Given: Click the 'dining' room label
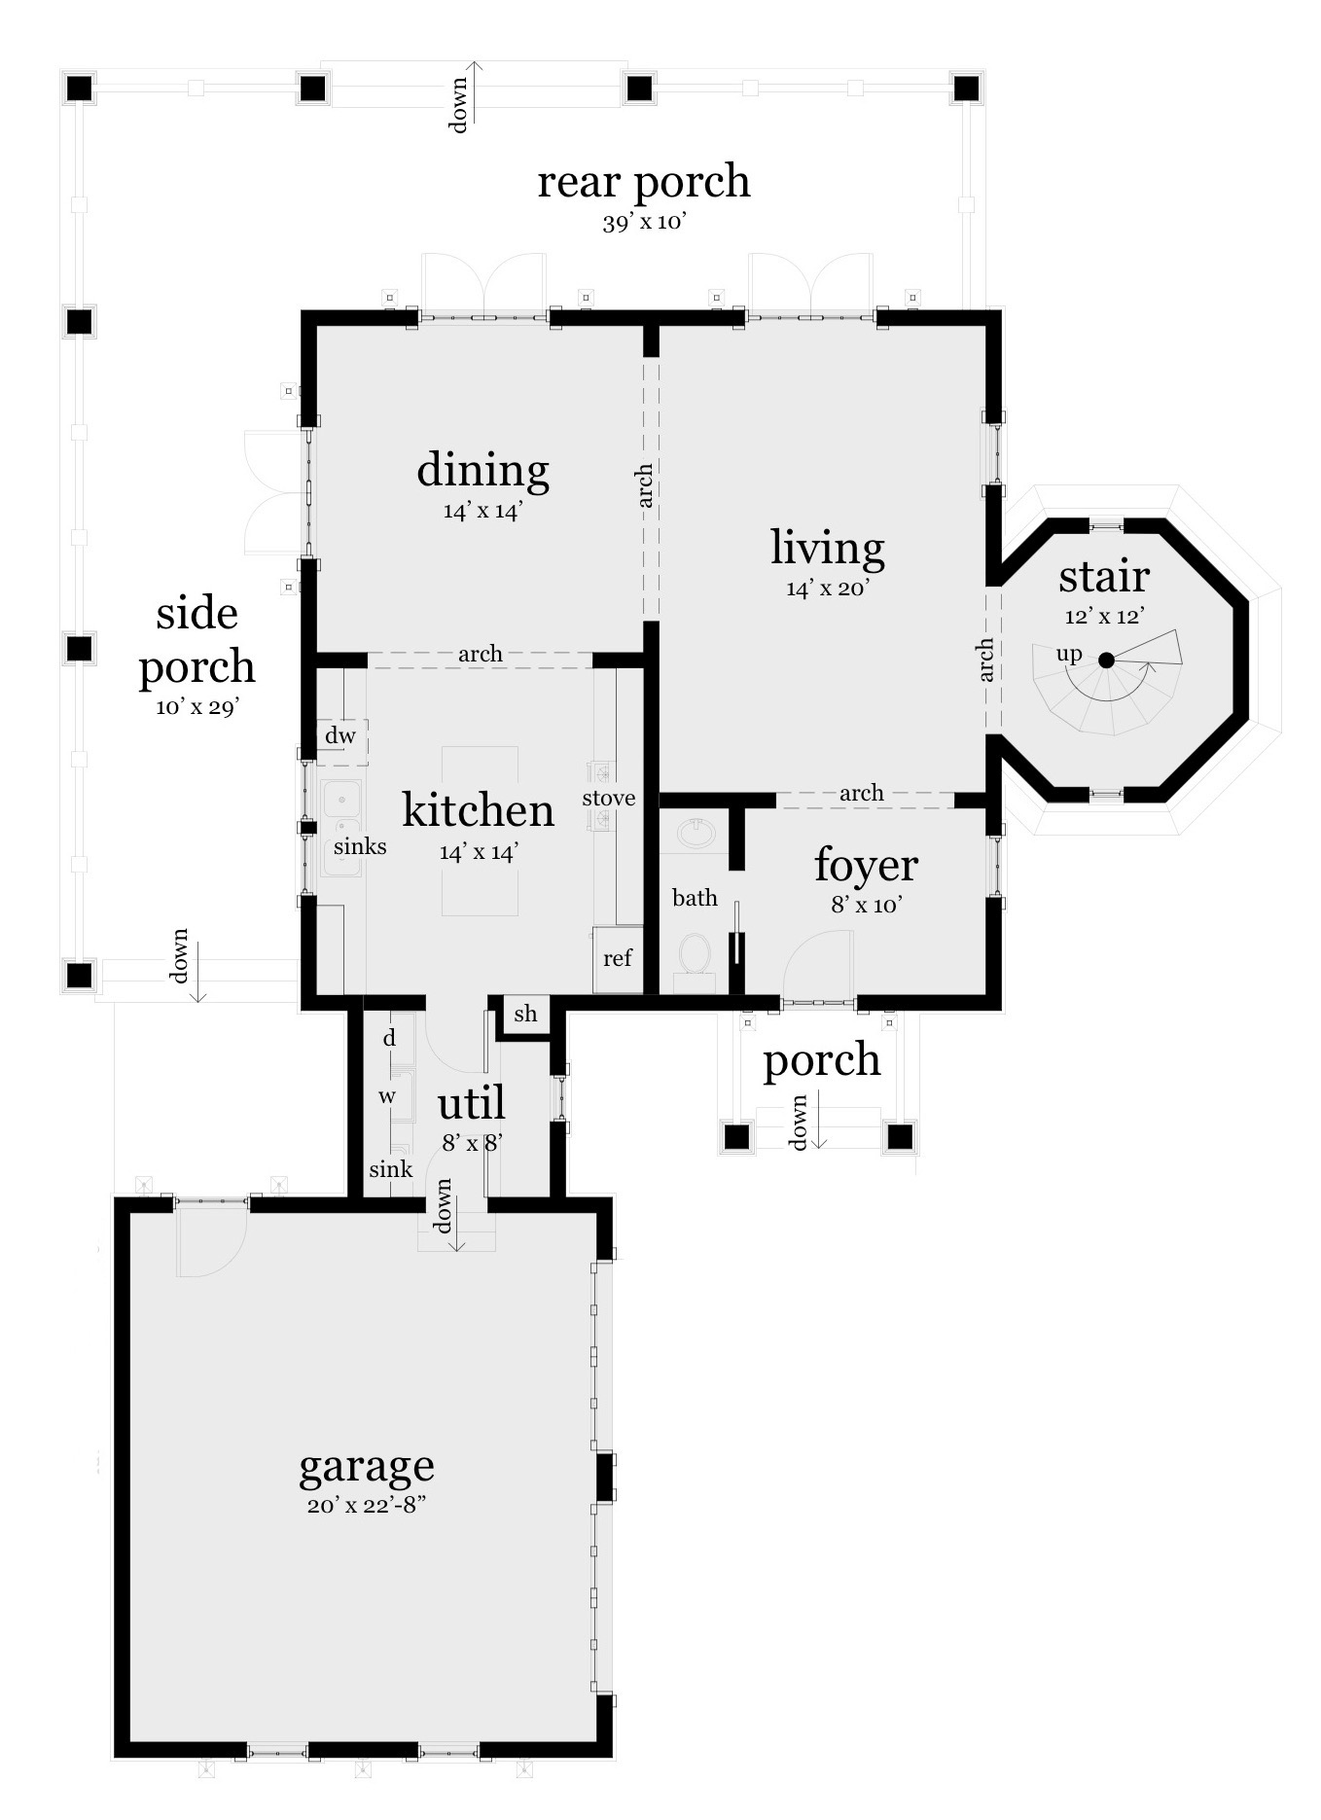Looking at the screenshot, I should click(483, 470).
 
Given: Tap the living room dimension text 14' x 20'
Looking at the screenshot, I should click(827, 589).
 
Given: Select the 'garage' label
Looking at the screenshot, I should click(366, 1466).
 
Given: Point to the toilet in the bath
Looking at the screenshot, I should click(695, 954).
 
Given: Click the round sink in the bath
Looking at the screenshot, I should click(696, 833).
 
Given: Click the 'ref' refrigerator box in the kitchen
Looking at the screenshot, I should click(618, 959).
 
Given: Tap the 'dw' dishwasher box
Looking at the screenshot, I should click(340, 736).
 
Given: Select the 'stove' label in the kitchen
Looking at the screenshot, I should click(609, 799).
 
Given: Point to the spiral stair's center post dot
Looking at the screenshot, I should click(1106, 660).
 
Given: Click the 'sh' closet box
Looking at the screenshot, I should click(525, 1015).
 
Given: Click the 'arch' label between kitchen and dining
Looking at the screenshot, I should click(481, 654).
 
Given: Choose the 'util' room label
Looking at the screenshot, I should click(471, 1104).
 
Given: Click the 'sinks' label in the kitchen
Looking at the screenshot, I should click(360, 846).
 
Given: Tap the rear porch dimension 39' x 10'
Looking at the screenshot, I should click(645, 223).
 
